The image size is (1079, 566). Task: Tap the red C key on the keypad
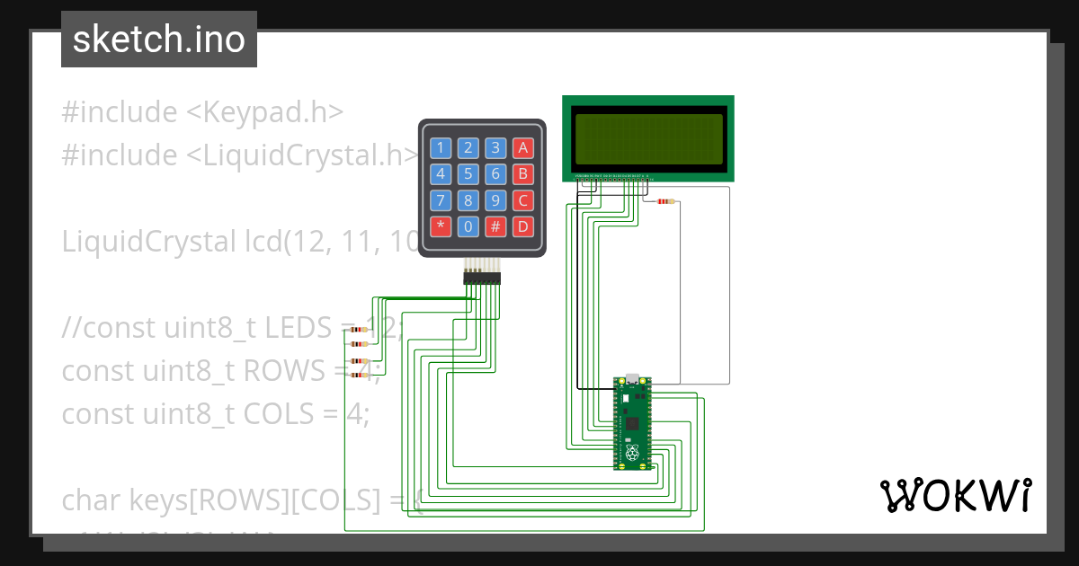pos(523,200)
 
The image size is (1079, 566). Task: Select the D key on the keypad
pos(523,226)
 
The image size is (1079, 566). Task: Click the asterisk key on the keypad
pos(441,226)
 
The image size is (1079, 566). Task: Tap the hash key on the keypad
pos(495,226)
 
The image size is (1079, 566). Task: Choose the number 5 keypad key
pos(468,174)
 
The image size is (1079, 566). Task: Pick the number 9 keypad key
pos(495,200)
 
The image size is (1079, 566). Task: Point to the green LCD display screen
pos(648,138)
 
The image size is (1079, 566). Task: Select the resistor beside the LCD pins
pos(665,201)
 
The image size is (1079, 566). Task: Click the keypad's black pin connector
pos(482,279)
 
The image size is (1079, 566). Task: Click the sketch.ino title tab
pos(159,40)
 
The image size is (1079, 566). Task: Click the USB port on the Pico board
pos(632,378)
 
